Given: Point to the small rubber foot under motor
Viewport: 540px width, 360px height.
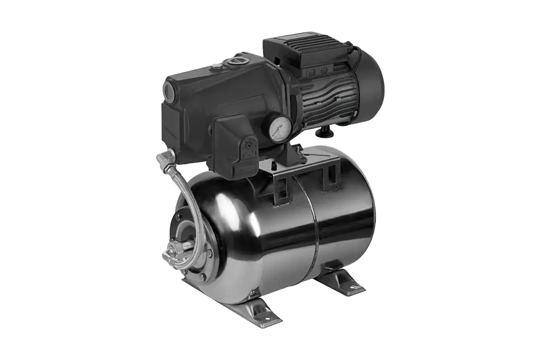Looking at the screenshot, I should (x=326, y=132).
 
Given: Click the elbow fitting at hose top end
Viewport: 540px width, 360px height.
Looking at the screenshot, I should (x=165, y=158).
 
